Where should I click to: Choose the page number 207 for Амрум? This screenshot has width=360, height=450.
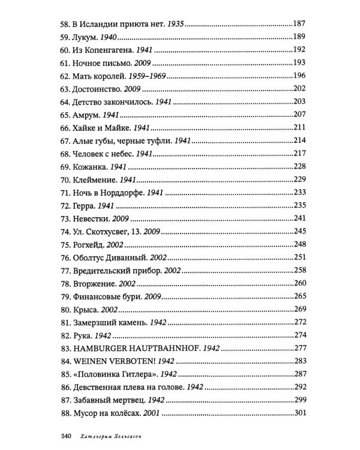(299, 114)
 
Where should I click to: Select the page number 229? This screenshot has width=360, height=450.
(299, 179)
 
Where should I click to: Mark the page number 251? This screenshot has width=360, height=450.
(299, 256)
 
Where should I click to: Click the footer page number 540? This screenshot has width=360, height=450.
(65, 436)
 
